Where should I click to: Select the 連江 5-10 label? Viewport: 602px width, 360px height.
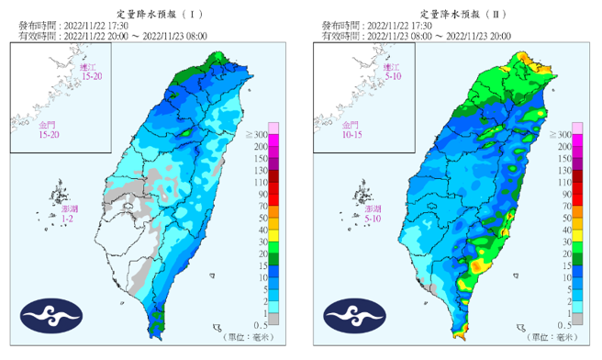(x=391, y=73)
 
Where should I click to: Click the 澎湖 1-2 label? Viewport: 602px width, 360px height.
(x=69, y=215)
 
